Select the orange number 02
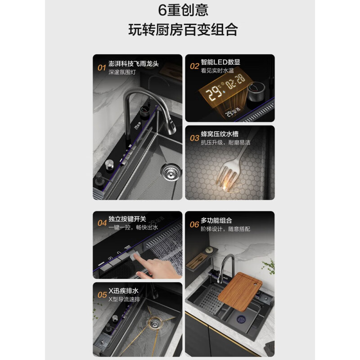tap(194, 66)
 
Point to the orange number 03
tap(194, 137)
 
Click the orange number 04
tap(101, 223)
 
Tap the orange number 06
tap(194, 225)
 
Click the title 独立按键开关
tap(127, 219)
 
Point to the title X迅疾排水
tap(124, 290)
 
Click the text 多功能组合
tap(216, 220)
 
